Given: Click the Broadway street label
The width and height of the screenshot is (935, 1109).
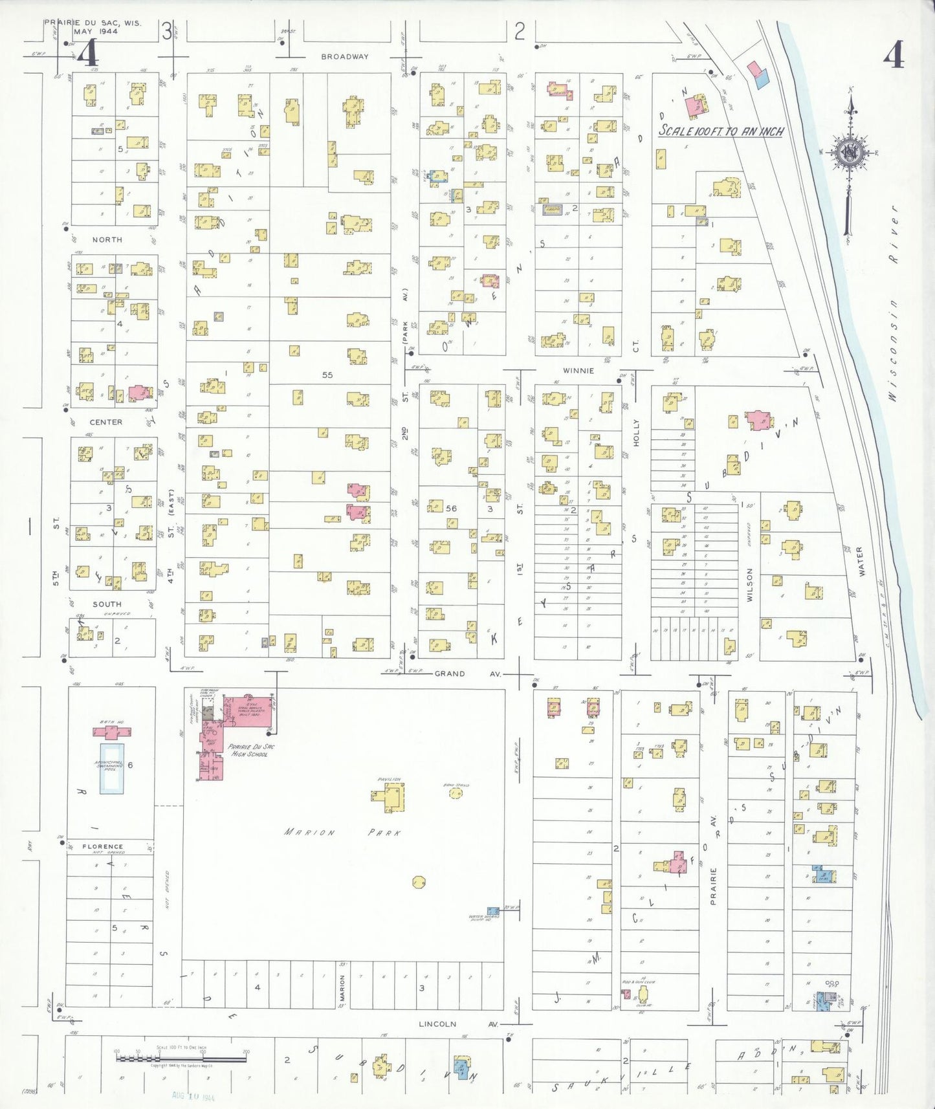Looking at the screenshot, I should point(345,57).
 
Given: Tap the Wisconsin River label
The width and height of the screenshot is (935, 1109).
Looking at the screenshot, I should point(894,304).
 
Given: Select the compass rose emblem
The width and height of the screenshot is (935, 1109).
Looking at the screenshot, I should point(848,153).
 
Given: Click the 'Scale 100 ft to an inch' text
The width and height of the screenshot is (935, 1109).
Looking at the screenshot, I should point(721,131).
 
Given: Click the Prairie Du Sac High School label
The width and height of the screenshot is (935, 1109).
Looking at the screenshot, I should point(251,751).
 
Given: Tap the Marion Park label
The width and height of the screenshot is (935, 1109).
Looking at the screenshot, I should point(343,833).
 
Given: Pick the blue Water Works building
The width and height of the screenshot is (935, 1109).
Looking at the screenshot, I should point(493,910).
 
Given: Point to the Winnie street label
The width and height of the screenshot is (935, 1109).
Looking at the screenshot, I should point(578,371).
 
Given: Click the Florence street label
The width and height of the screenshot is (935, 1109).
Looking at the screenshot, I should point(103,846).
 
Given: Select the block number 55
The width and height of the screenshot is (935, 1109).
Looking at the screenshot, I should point(327,375).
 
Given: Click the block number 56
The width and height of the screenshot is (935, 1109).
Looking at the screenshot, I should point(451,509).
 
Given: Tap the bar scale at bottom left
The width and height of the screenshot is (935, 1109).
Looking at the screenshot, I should point(181,1059).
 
